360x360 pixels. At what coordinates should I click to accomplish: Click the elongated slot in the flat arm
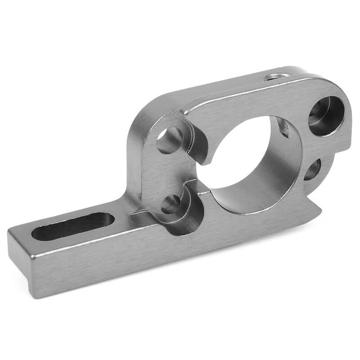pyautogui.click(x=72, y=226)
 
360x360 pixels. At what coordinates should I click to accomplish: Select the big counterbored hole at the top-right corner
pyautogui.click(x=326, y=116)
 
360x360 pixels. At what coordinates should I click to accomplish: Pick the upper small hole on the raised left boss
pyautogui.click(x=170, y=140)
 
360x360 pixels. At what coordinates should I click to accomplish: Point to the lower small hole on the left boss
pyautogui.click(x=171, y=204)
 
